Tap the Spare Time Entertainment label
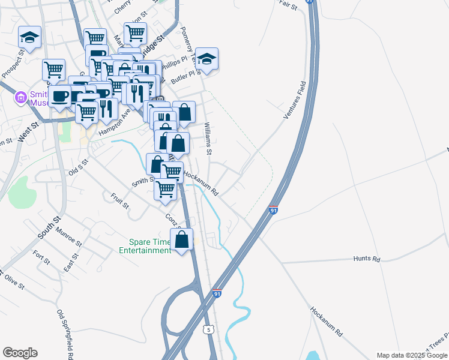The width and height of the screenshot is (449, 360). click(145, 246)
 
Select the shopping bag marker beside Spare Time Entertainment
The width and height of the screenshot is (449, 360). click(182, 240)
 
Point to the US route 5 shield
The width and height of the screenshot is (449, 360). click(208, 329)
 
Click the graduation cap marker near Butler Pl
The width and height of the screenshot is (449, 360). click(206, 59)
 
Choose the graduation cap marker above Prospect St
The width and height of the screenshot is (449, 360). click(29, 38)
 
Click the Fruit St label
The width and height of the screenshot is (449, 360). click(120, 200)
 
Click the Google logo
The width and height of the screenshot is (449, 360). click(19, 353)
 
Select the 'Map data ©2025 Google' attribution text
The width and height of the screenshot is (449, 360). click(412, 355)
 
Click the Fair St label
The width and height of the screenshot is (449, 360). click(288, 5)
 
